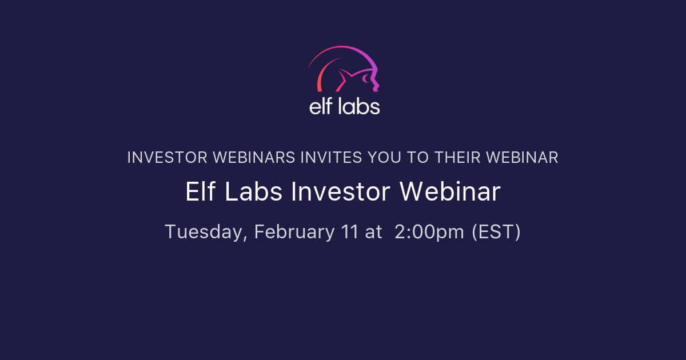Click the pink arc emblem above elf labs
(x=344, y=69)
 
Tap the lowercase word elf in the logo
(x=321, y=106)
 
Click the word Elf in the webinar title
(x=201, y=193)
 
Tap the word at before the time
(x=373, y=233)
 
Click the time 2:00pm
(x=429, y=233)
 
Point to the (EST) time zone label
(x=496, y=233)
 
